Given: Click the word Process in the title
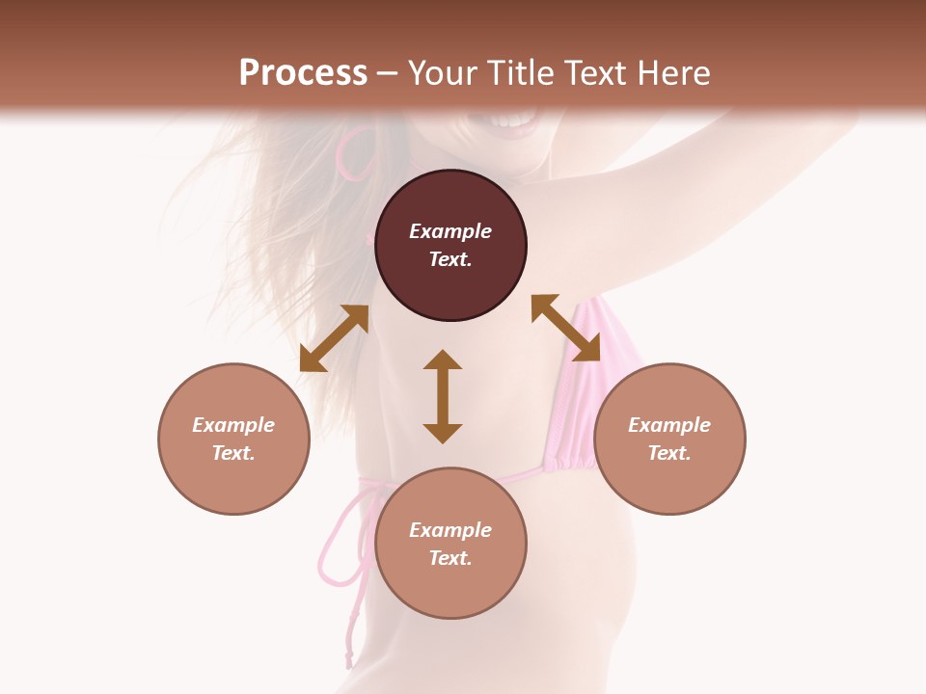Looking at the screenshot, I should click(303, 73).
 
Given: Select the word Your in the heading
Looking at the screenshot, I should click(440, 73).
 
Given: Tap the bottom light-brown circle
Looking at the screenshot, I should click(450, 588).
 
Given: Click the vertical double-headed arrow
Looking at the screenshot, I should click(443, 396).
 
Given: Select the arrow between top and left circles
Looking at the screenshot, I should click(334, 338).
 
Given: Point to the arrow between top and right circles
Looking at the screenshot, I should click(565, 328).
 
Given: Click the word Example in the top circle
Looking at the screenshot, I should click(450, 231).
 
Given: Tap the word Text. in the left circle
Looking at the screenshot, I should click(233, 453).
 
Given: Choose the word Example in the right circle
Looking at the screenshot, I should click(669, 425).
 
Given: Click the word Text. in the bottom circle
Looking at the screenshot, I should click(450, 558).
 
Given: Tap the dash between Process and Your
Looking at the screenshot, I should click(387, 73).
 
